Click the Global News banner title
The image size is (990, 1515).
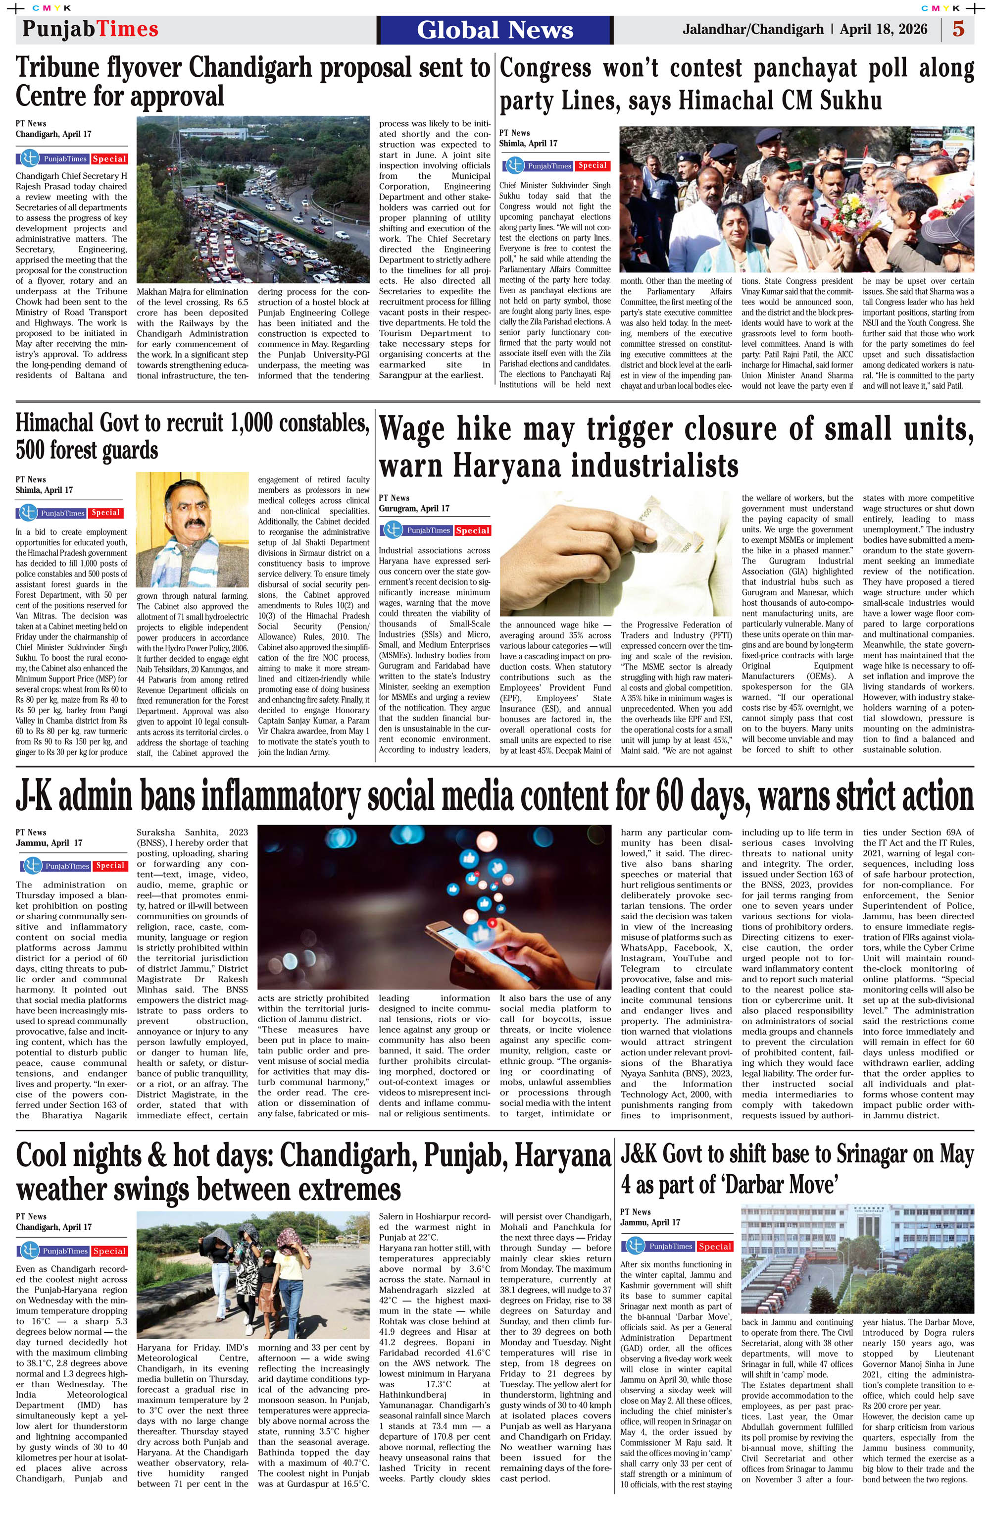pyautogui.click(x=495, y=30)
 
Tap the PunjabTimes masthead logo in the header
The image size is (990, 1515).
pyautogui.click(x=90, y=29)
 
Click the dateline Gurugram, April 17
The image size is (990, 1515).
pyautogui.click(x=413, y=509)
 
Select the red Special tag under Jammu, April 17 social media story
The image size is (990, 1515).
pyautogui.click(x=109, y=866)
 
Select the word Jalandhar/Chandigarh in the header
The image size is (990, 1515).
pyautogui.click(x=753, y=29)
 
